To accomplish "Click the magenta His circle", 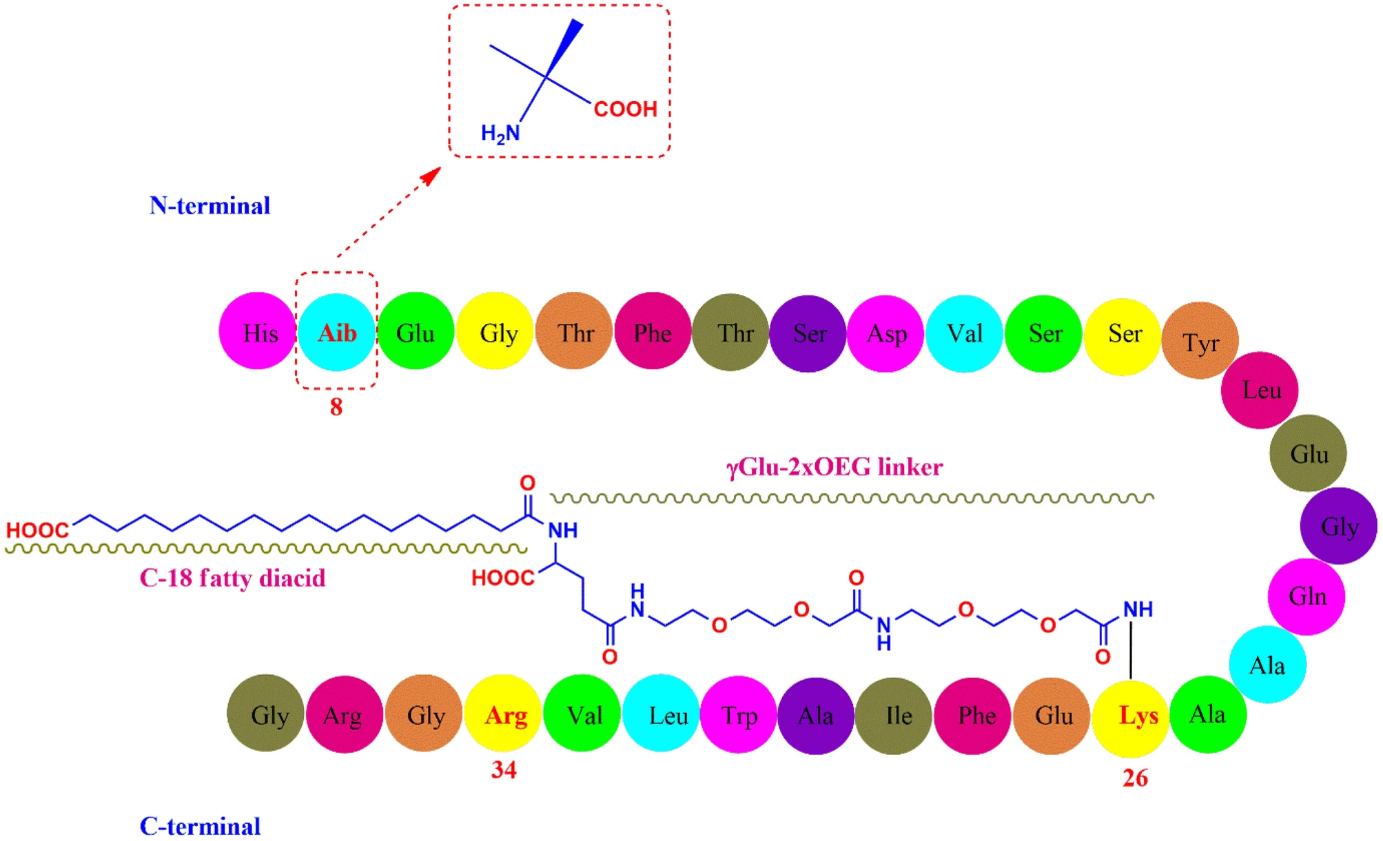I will click(x=257, y=331).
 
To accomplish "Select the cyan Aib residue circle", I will click(x=336, y=333).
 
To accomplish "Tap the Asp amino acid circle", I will click(x=885, y=334).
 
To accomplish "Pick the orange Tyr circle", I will click(x=1200, y=341).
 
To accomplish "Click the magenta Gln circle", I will click(x=1307, y=596).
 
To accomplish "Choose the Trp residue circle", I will click(x=739, y=715).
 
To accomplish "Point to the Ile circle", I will click(x=894, y=716).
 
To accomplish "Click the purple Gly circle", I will click(x=1338, y=526).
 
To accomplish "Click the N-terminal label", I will click(x=209, y=206).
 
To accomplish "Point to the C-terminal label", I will click(x=200, y=826).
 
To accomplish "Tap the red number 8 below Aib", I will click(x=336, y=408).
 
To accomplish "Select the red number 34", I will click(x=504, y=769).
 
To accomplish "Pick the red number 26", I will click(x=1135, y=778).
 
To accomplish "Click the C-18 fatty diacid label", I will click(x=232, y=578).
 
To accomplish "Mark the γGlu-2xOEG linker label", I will click(x=834, y=468).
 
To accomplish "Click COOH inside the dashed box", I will click(x=625, y=110).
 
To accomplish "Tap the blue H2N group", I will click(x=500, y=133).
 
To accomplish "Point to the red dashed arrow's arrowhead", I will click(x=433, y=175).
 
